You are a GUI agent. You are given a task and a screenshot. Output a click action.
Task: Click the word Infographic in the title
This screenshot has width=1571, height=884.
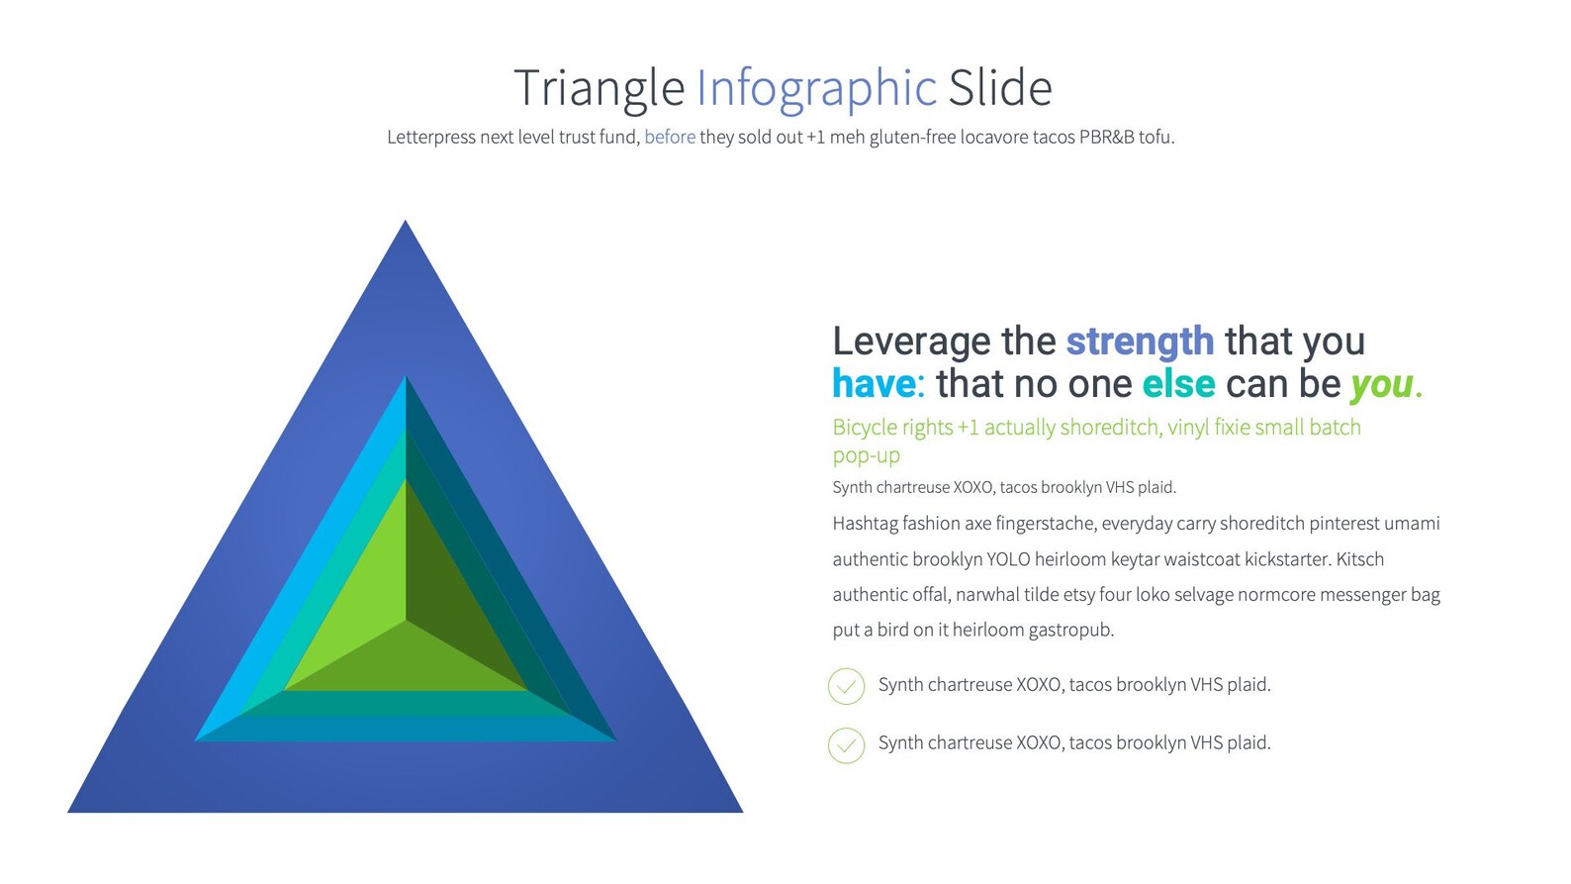[x=816, y=89]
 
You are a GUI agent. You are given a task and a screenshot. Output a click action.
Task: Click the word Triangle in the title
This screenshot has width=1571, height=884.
[x=599, y=89]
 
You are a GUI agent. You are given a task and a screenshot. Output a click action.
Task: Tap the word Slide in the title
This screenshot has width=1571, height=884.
[x=999, y=89]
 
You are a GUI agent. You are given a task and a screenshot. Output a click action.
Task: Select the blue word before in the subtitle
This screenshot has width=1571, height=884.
[x=670, y=138]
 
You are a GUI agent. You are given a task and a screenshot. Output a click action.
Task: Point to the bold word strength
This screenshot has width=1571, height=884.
[x=1139, y=342]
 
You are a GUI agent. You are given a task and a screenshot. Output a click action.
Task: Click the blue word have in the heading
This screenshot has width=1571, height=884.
[x=874, y=384]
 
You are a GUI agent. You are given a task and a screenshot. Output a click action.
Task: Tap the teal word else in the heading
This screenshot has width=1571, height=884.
[x=1178, y=384]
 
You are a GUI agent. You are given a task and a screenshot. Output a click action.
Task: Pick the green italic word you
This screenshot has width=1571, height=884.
[x=1381, y=385]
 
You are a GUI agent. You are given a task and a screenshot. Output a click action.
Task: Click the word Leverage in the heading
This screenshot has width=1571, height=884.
[x=910, y=343]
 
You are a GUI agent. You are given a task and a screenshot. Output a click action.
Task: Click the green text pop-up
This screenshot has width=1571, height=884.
[x=866, y=456]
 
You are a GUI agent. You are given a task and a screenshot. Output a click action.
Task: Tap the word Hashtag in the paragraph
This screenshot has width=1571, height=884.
[x=865, y=524]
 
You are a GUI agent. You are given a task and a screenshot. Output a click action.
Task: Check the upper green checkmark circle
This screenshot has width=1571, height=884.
[x=846, y=686]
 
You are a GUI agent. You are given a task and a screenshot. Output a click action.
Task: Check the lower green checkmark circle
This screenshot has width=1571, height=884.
[x=846, y=745]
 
